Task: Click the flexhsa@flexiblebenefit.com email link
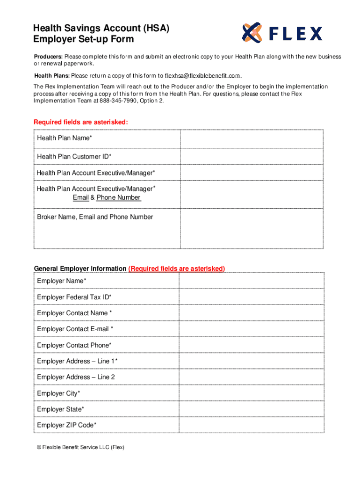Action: [x=202, y=76]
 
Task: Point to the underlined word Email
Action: [x=80, y=198]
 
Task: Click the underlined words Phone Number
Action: [x=118, y=198]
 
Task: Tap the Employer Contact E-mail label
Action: [x=75, y=329]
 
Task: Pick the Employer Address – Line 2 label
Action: [x=76, y=377]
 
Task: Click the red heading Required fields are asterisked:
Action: [x=80, y=123]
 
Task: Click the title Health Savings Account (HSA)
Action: [x=101, y=29]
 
